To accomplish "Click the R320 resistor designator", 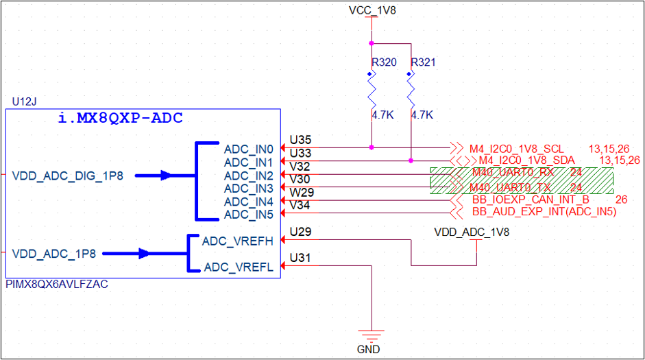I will [x=384, y=62].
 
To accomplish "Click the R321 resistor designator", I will [x=424, y=62].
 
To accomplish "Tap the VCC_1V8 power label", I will [x=372, y=10].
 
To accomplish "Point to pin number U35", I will [x=300, y=138].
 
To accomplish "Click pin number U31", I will [x=300, y=258].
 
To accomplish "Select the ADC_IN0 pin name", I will [x=248, y=149].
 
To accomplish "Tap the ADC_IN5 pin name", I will [x=248, y=215].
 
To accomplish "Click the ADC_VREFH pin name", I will [x=238, y=241].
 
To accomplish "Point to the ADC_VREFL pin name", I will [x=238, y=267].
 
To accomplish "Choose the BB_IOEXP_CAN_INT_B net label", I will [x=531, y=200].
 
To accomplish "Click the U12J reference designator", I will [x=25, y=101].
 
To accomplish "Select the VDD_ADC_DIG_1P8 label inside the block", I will [x=67, y=176].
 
